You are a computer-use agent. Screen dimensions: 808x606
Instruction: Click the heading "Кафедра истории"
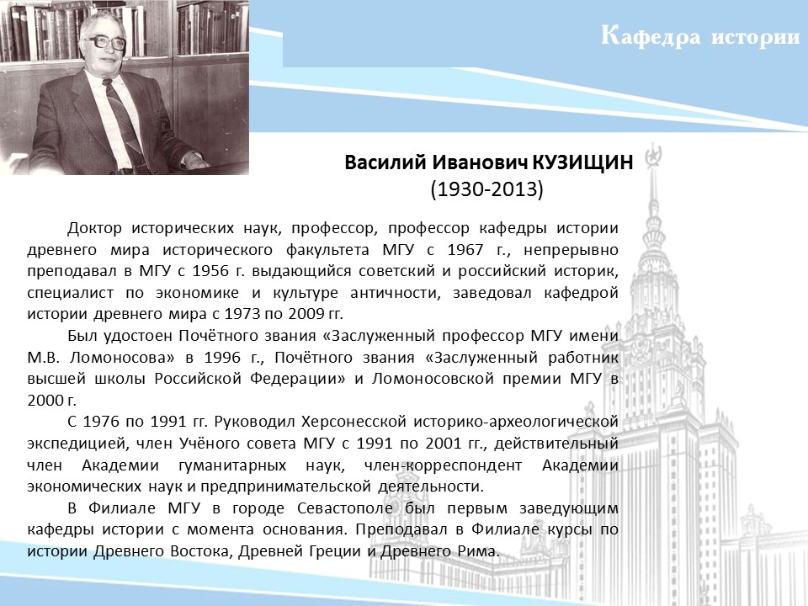(700, 37)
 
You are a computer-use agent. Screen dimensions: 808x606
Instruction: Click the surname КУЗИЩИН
(582, 162)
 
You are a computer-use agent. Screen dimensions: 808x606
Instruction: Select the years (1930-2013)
(487, 189)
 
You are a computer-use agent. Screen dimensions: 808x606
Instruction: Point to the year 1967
(465, 249)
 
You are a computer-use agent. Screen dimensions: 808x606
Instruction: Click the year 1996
(222, 357)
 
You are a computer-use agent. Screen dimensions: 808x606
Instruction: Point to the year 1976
(102, 422)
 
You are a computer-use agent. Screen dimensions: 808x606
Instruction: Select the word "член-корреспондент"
(443, 465)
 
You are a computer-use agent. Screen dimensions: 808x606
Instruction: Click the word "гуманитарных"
(232, 465)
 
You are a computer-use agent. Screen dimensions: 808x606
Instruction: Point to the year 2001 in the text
(444, 444)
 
